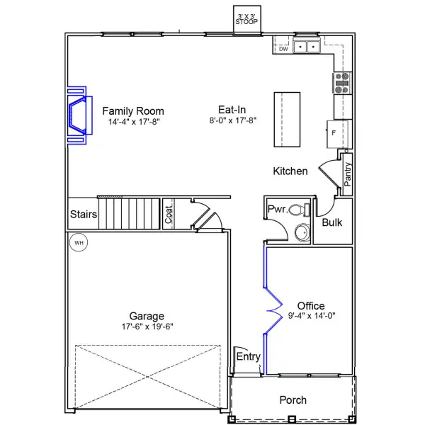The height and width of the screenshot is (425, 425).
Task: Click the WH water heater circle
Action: (79, 242)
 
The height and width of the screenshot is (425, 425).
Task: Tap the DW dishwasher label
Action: (283, 49)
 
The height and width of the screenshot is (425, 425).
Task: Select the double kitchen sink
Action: (307, 47)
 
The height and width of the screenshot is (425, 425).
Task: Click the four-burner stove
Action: (342, 83)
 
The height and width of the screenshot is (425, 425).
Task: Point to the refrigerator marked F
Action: (337, 135)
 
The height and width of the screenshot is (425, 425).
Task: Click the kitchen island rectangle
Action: (287, 120)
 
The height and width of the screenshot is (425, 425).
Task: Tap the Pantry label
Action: (347, 174)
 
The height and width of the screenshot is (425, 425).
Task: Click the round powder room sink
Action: (302, 232)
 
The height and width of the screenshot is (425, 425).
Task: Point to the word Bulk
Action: (331, 222)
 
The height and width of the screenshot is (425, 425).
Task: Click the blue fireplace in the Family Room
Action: (80, 115)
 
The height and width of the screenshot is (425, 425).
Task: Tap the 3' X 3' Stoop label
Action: (246, 20)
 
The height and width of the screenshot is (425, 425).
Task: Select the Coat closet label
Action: (169, 215)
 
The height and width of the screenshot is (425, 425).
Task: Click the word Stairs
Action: (84, 214)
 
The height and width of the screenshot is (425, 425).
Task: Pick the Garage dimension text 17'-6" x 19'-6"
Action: (147, 327)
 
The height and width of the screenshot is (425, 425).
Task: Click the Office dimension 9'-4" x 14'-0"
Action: (312, 316)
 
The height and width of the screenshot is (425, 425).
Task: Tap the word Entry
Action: (249, 356)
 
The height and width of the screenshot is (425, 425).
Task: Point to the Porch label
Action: (293, 400)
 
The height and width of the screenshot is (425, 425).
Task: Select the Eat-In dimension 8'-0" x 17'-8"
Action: (233, 120)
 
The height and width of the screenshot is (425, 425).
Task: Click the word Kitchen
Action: (290, 171)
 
